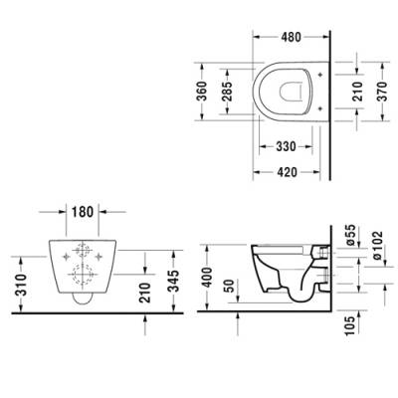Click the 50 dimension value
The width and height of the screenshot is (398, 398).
point(231,287)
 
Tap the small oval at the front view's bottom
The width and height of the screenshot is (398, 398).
point(83,297)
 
